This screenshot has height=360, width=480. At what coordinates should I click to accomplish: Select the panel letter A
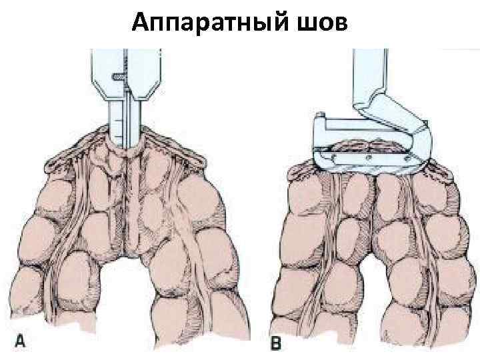coord(21,341)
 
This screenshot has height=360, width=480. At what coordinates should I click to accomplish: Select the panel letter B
coord(275,344)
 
